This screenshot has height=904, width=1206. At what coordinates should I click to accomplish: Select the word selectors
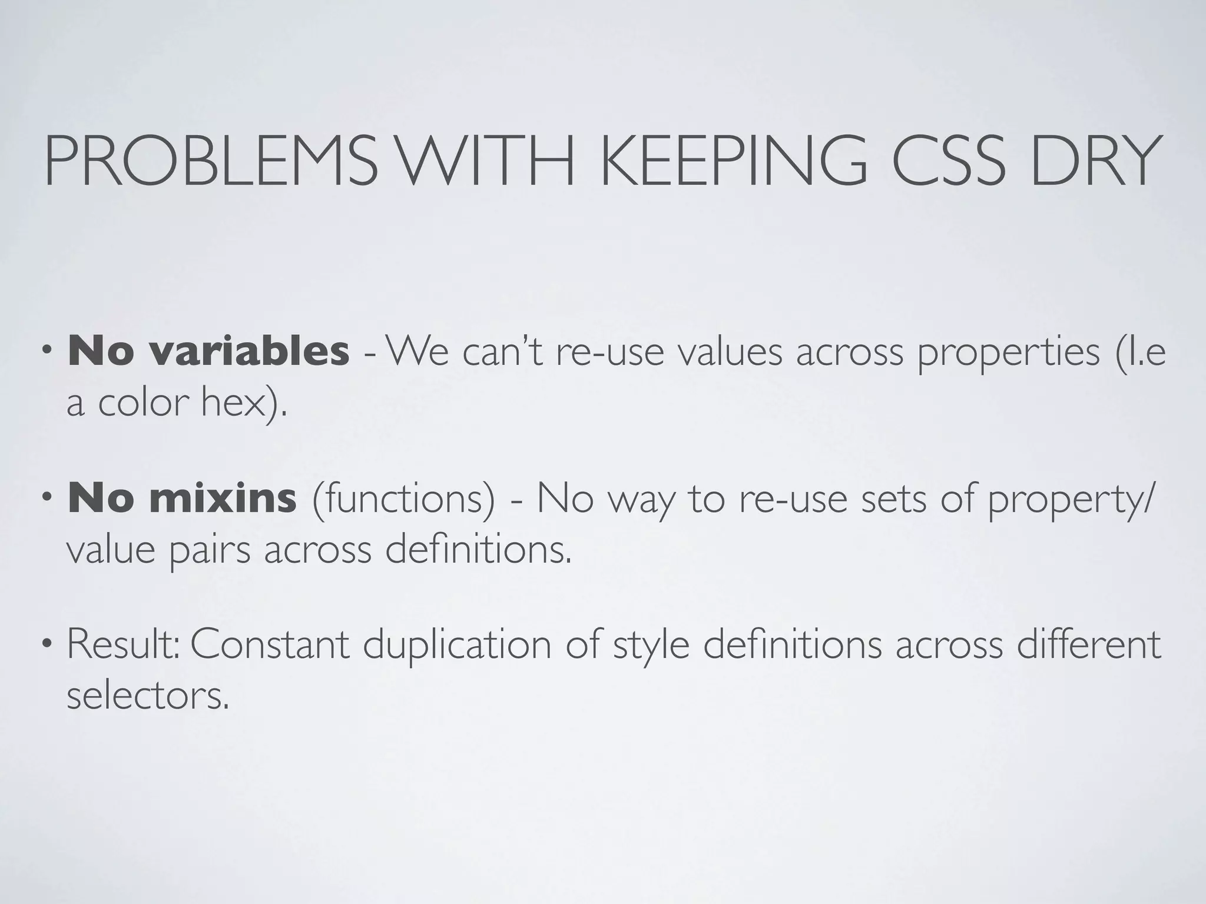(x=147, y=696)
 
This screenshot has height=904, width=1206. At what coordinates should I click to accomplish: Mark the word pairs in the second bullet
(x=210, y=552)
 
